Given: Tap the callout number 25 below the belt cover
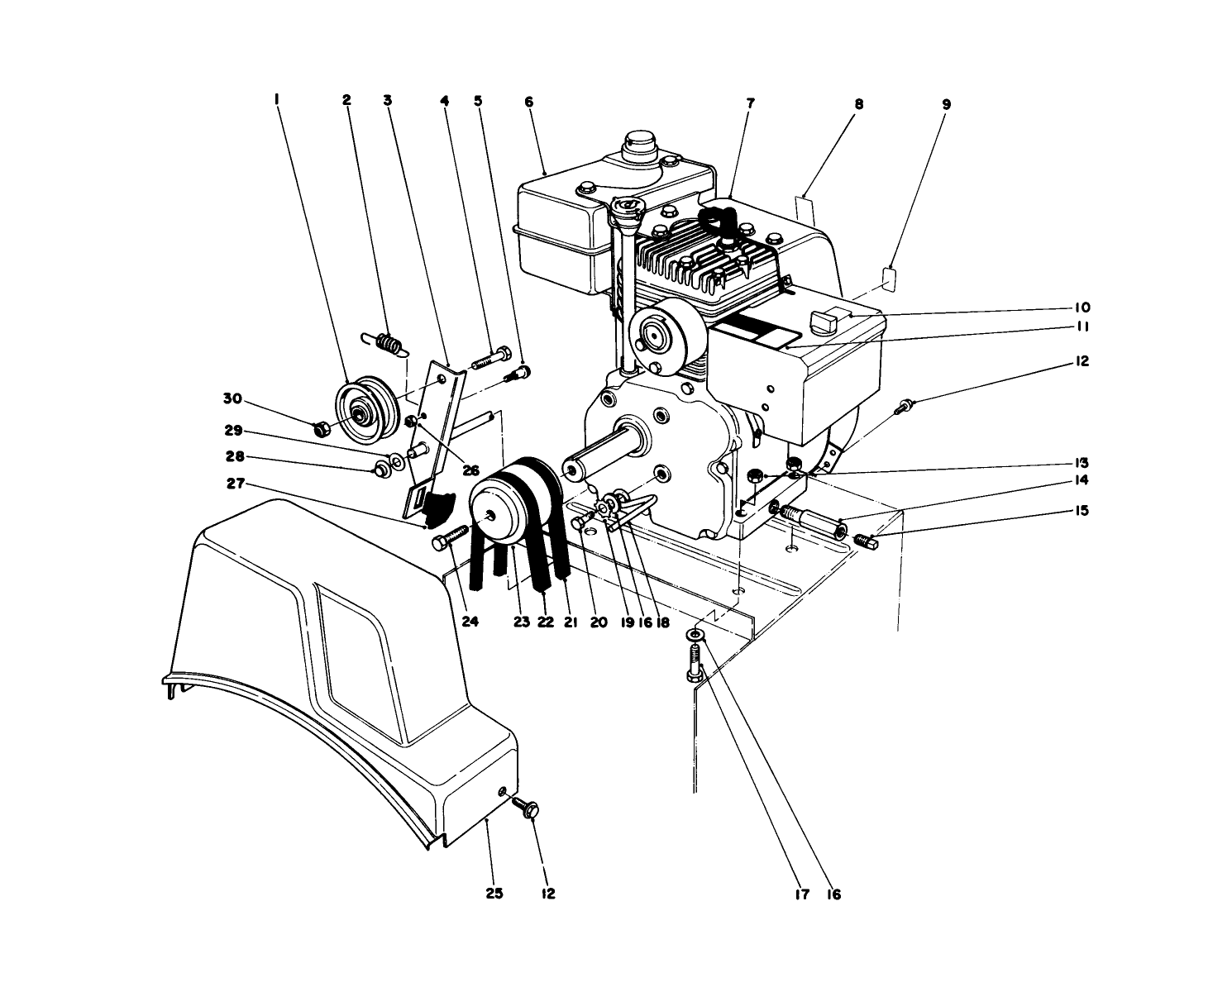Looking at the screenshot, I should coord(495,894).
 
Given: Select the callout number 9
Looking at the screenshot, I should coord(946,104).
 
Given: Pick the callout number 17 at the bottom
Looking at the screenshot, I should coord(801,894).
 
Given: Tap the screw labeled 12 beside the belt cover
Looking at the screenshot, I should coord(524,805).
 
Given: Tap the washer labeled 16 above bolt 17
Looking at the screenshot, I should coord(696,633).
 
